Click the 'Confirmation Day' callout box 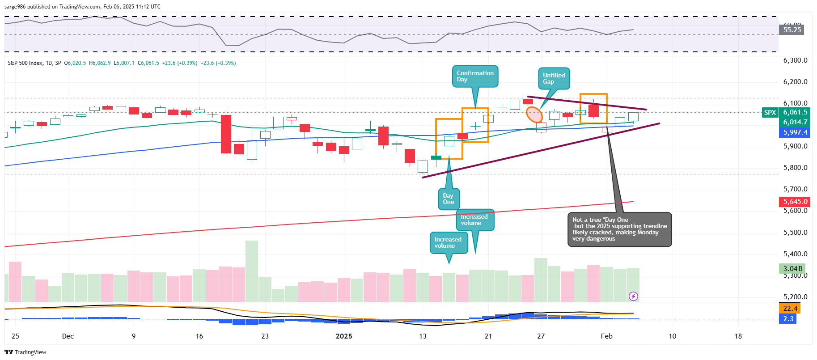tap(475, 76)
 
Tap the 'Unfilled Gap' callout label tap(554, 78)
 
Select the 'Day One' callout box tap(448, 199)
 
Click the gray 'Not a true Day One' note tap(619, 229)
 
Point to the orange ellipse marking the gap tap(534, 114)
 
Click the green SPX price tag tap(770, 113)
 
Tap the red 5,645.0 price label tap(795, 202)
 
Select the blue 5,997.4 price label tap(795, 132)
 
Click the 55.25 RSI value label tap(792, 30)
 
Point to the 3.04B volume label tap(792, 269)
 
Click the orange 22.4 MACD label tap(790, 309)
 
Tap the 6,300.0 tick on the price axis tap(795, 60)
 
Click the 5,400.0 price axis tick tap(795, 254)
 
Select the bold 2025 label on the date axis tap(344, 336)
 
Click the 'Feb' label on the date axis tap(606, 336)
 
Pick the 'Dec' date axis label tap(68, 336)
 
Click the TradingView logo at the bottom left tap(25, 352)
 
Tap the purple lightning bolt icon tap(633, 296)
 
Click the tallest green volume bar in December tap(252, 271)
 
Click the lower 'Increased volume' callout tap(448, 243)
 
